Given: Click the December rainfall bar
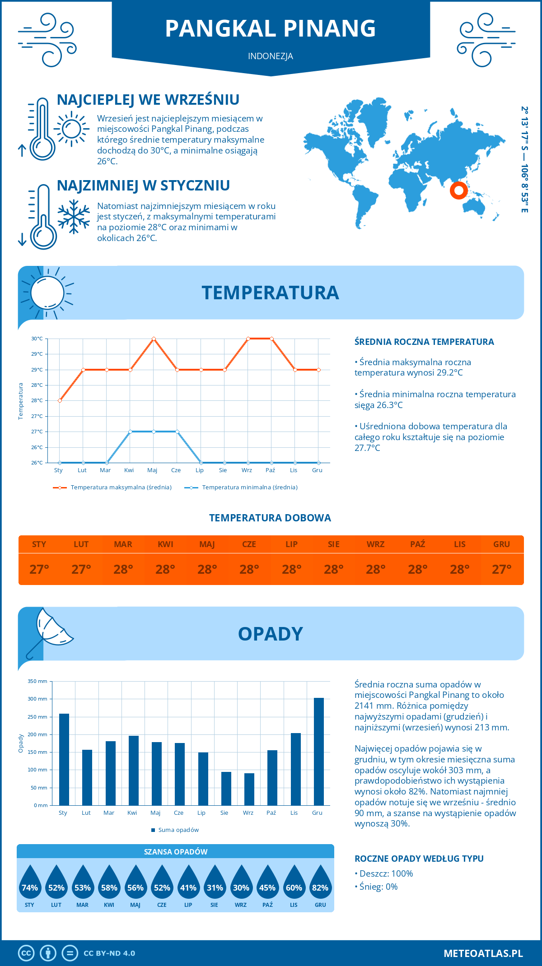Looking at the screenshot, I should coord(319,752).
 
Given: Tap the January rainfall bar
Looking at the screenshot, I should coord(64,759).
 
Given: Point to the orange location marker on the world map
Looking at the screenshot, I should coord(458,190).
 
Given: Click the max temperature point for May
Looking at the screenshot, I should coord(154,339).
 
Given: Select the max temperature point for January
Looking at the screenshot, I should coord(60,400).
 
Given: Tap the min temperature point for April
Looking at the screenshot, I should coord(130,432).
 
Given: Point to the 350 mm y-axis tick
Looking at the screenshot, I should coord(37,681).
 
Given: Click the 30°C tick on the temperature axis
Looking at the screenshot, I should coord(37,339).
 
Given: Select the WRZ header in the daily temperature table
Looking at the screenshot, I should coord(375,544).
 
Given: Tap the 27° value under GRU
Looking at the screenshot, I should coord(501,569).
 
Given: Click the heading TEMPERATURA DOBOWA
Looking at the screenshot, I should coord(270,518).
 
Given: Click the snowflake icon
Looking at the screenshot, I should coord(74,217).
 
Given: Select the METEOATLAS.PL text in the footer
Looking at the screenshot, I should coord(483,953).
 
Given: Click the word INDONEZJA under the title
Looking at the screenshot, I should coord(271,56).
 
